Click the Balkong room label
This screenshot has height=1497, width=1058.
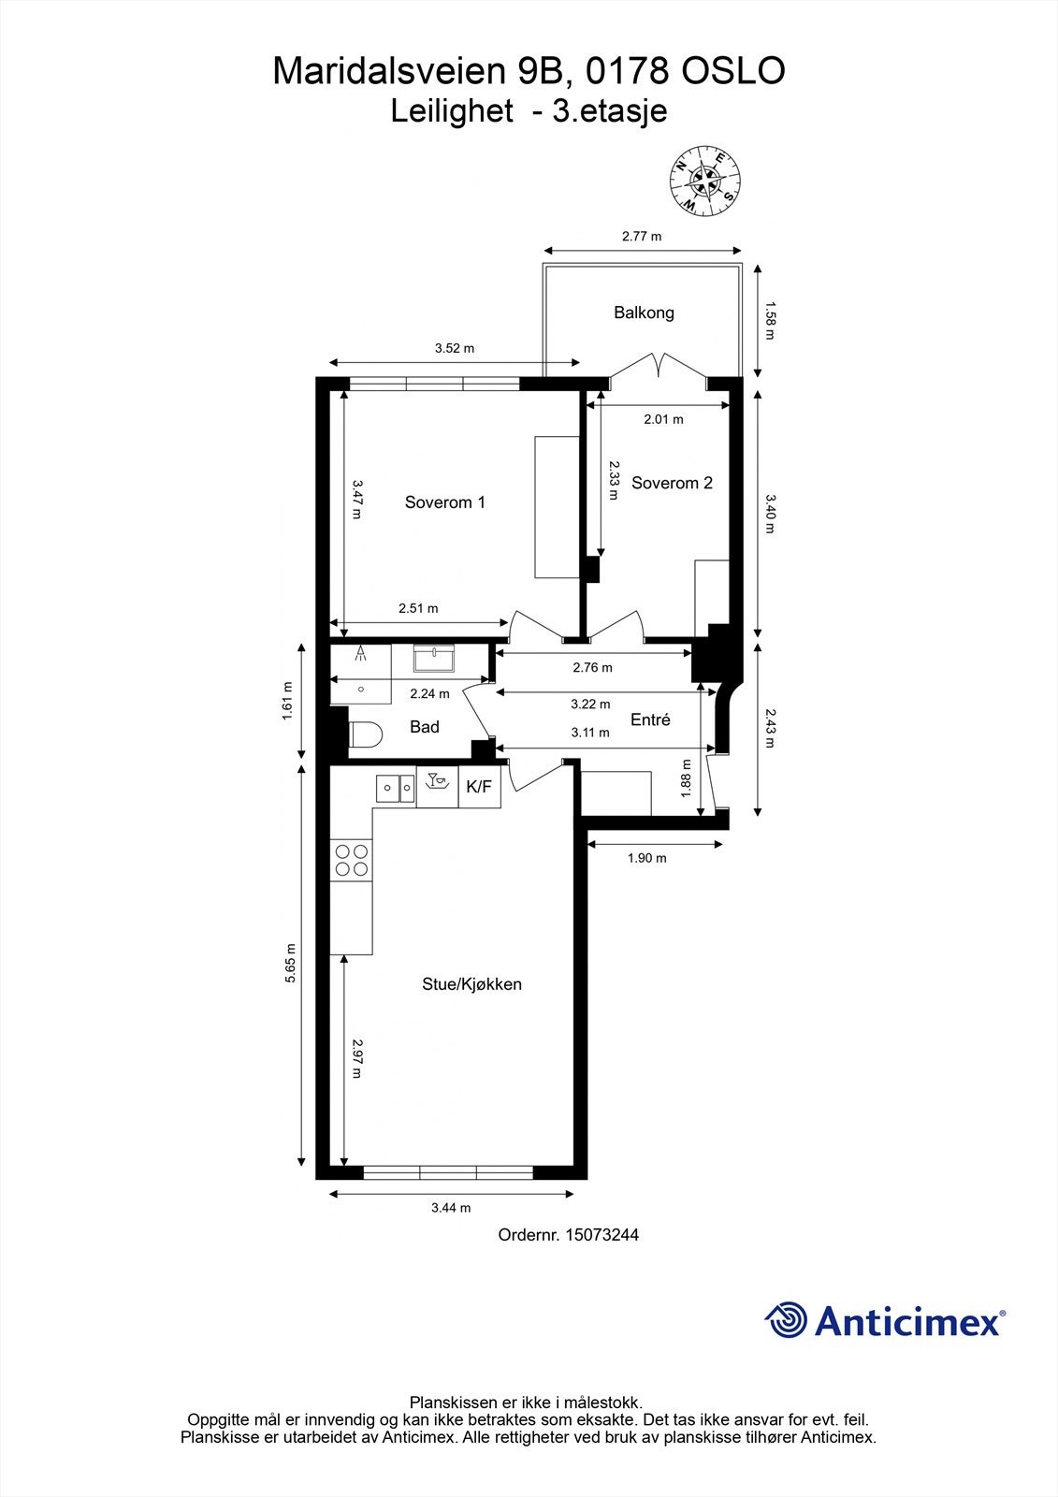click(644, 312)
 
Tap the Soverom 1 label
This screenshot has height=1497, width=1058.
click(444, 502)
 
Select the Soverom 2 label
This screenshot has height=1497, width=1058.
click(672, 483)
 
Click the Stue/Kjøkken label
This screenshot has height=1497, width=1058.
click(471, 984)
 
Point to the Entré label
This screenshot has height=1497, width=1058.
click(650, 719)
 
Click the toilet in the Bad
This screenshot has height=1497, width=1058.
click(363, 735)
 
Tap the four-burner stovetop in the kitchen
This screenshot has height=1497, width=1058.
click(351, 860)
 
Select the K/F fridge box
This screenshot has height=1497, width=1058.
click(478, 788)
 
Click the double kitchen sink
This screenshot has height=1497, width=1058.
click(396, 788)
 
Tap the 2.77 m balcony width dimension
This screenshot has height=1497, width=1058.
click(642, 236)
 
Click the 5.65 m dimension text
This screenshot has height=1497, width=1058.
click(291, 962)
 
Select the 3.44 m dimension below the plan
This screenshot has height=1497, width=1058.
click(451, 1208)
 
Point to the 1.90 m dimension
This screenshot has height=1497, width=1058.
click(646, 857)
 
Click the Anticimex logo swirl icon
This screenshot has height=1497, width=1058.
click(786, 1321)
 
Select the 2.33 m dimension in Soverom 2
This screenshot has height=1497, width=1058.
click(613, 479)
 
